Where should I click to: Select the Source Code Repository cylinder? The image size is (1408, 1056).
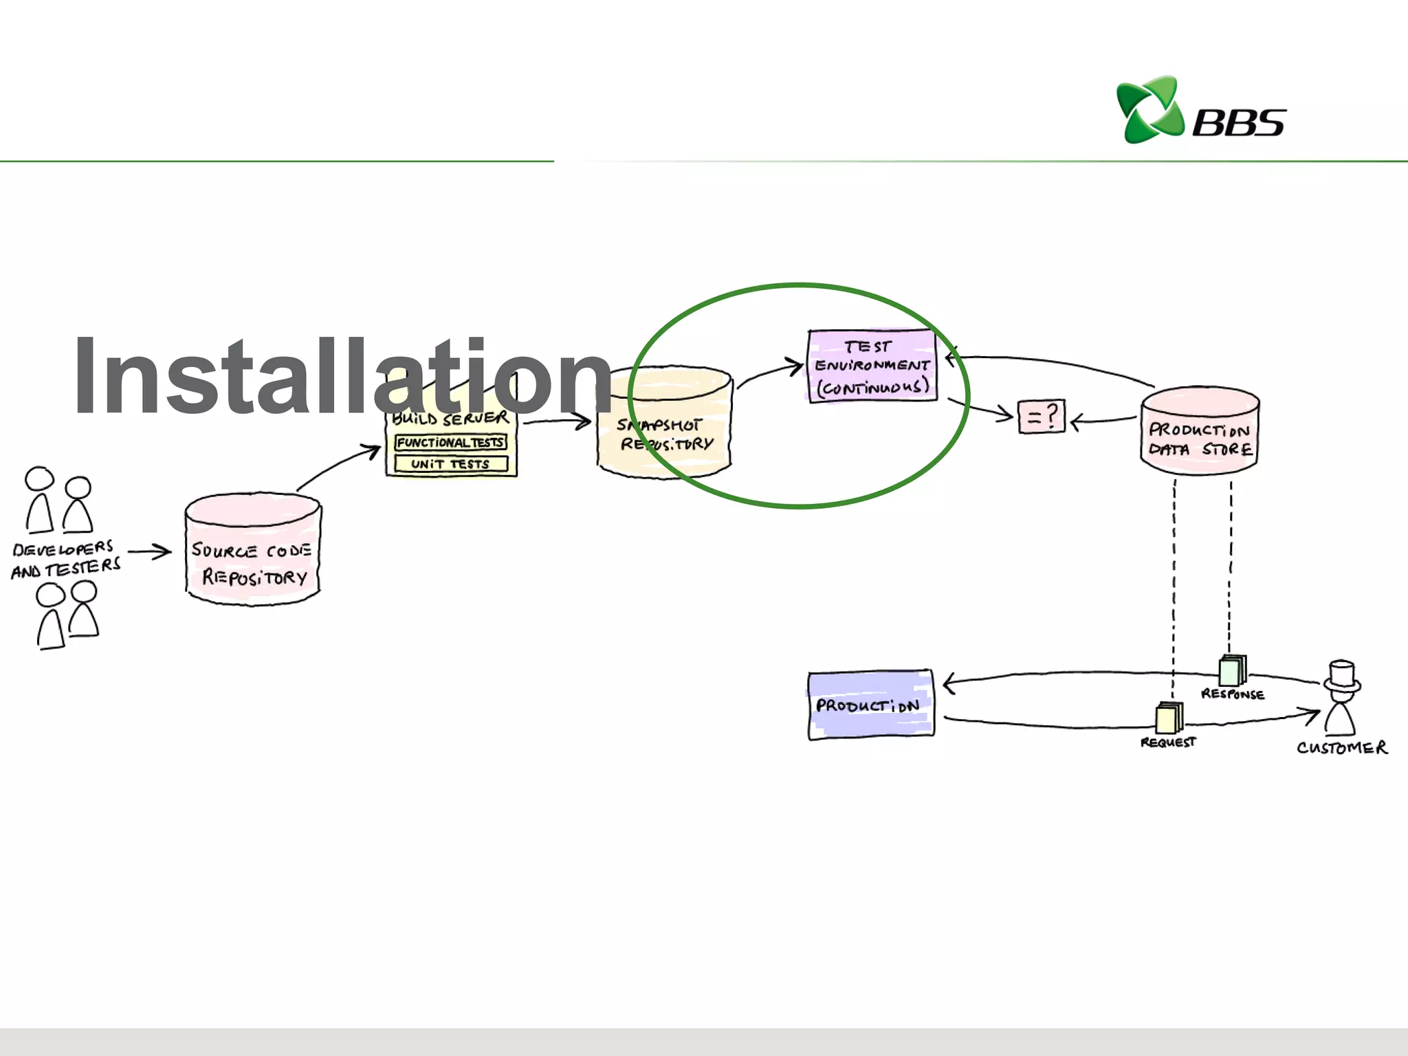tap(253, 550)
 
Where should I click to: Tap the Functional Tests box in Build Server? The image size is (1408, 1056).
tap(450, 442)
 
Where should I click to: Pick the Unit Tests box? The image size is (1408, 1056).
tap(450, 464)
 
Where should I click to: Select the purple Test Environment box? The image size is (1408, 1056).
tap(872, 366)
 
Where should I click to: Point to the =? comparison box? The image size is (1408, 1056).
tap(1041, 417)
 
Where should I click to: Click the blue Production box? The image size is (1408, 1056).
tap(870, 705)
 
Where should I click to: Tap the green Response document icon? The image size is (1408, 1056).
tap(1231, 670)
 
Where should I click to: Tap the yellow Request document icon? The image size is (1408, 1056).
tap(1169, 718)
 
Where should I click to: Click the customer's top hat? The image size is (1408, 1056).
tap(1342, 676)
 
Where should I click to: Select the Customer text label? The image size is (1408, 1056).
tap(1341, 747)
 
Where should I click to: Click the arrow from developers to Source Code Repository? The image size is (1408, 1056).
tap(148, 551)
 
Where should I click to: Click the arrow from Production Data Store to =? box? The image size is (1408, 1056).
tap(1103, 420)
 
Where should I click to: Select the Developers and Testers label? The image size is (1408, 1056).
tap(65, 558)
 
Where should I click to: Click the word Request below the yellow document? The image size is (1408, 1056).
tap(1167, 742)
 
